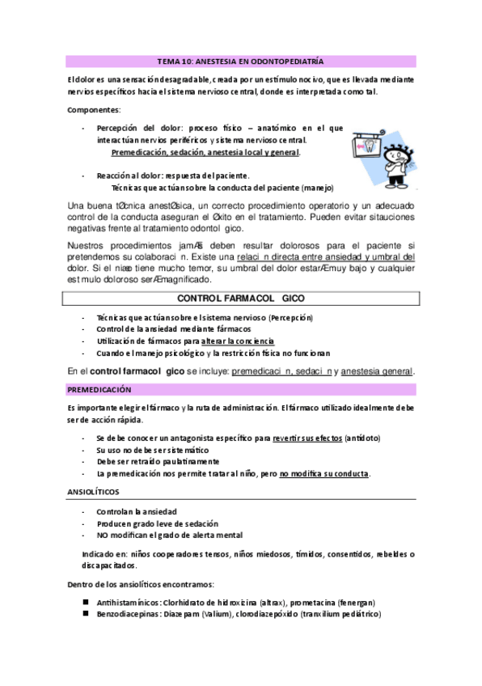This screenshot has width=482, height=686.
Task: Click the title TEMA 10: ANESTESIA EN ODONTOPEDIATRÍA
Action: pyautogui.click(x=239, y=61)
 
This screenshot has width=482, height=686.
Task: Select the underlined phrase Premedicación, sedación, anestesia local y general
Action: pyautogui.click(x=205, y=152)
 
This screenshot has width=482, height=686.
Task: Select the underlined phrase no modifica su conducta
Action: pyautogui.click(x=324, y=473)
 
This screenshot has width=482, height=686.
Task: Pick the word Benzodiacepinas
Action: pyautogui.click(x=128, y=614)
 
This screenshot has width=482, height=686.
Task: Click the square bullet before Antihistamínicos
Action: pyautogui.click(x=85, y=603)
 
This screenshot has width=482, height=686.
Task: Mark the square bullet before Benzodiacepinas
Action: pyautogui.click(x=85, y=614)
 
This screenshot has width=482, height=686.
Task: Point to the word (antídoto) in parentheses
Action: pyautogui.click(x=361, y=438)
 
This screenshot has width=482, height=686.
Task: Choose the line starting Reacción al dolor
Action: pyautogui.click(x=172, y=175)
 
